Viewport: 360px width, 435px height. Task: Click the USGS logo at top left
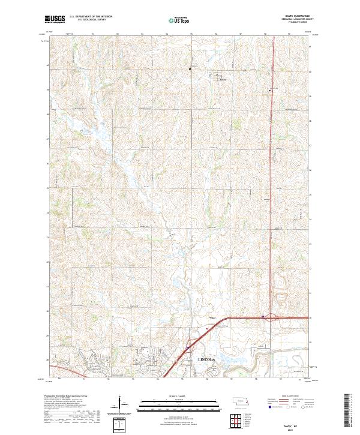click(x=55, y=20)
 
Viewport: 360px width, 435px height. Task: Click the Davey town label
click(x=223, y=79)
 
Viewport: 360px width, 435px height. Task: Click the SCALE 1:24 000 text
click(x=175, y=397)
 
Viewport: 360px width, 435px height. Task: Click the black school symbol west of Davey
click(x=190, y=69)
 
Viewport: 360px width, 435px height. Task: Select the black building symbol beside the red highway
click(x=271, y=90)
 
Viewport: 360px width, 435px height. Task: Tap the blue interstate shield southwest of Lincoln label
click(x=187, y=347)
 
